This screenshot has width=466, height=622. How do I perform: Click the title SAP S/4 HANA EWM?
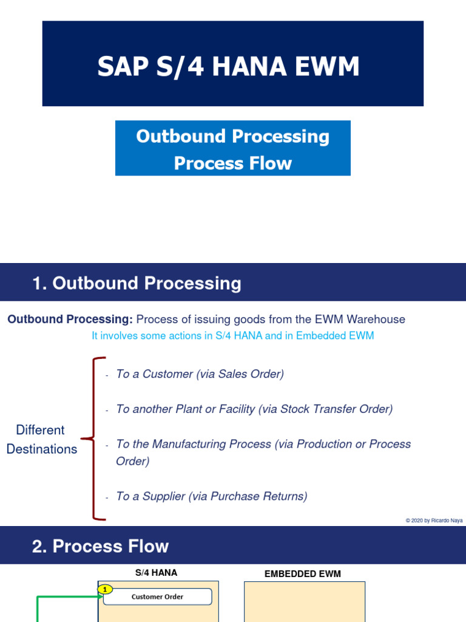[228, 66]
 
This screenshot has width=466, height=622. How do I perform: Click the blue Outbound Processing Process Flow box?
[233, 149]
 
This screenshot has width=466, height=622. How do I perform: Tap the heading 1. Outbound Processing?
[137, 284]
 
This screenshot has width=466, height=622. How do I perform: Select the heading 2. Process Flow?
[101, 546]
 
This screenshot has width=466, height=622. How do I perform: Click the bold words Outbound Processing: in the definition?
[70, 320]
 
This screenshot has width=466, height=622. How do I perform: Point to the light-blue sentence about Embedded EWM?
[232, 336]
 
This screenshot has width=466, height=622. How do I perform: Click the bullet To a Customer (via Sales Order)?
[200, 374]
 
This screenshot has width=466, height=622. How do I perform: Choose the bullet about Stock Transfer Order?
[254, 409]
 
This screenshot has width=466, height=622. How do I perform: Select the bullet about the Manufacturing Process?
[263, 452]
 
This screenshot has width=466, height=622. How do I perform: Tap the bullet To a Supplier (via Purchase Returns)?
[211, 496]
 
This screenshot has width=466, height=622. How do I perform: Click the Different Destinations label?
[41, 439]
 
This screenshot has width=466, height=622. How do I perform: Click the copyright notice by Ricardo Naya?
[434, 521]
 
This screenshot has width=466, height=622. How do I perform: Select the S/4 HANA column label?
[156, 572]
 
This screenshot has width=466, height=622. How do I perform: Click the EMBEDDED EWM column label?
[303, 573]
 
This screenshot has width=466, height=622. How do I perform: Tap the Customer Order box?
[158, 596]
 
